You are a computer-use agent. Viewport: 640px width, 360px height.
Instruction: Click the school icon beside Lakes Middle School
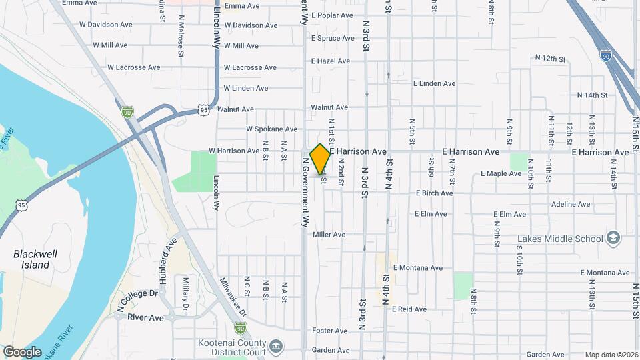613,238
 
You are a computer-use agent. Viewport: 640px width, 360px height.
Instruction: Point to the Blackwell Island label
31,259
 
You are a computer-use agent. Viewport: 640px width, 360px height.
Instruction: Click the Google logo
22,352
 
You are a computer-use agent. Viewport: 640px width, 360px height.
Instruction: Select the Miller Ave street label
329,235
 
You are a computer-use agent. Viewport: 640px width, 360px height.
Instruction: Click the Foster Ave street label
330,331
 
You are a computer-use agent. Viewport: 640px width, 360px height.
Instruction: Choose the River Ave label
145,318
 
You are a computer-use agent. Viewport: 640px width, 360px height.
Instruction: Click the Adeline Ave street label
571,204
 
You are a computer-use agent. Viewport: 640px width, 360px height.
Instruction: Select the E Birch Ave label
434,193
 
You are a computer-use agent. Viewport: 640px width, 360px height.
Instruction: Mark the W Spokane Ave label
271,129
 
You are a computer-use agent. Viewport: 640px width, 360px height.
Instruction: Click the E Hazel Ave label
330,61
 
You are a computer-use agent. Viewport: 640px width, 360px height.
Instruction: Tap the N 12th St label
550,59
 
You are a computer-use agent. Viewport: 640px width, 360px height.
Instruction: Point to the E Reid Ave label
409,309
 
